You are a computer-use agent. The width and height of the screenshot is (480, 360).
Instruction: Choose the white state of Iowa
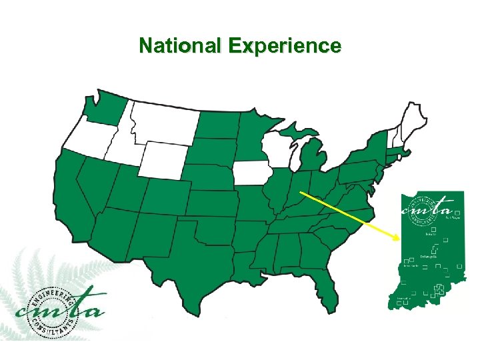point(251,173)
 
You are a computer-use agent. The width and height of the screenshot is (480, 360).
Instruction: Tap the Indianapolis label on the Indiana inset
point(429,257)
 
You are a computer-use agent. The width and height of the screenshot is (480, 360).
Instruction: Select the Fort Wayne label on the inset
point(454,217)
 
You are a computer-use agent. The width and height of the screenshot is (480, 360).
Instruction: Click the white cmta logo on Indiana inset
point(431,206)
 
